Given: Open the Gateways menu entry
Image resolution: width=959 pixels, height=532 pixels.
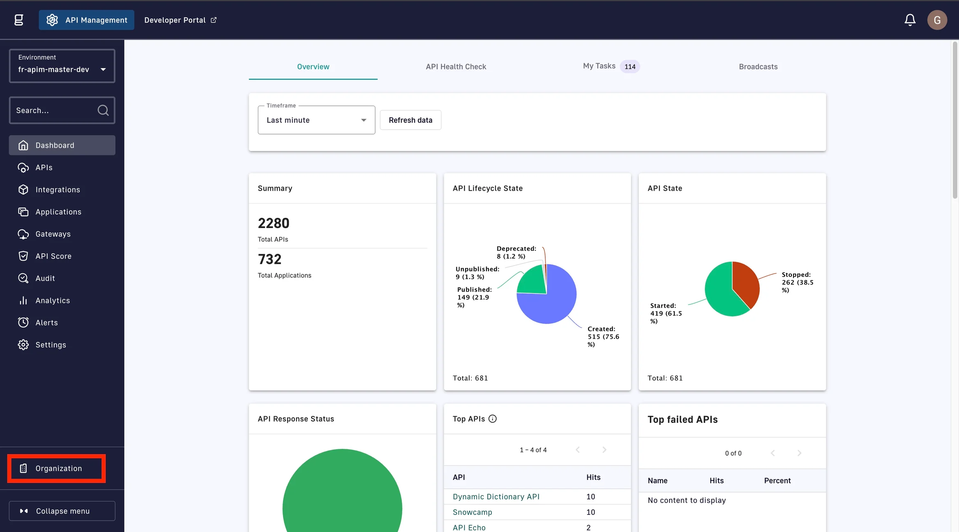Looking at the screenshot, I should [53, 234].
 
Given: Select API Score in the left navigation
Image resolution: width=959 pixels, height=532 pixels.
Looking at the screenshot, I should [53, 256].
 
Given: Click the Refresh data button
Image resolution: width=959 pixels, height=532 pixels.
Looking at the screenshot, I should [410, 120].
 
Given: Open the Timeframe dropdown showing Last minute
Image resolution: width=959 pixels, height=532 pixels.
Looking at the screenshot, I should [316, 120].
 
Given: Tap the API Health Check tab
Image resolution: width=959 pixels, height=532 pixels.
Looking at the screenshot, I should [456, 66].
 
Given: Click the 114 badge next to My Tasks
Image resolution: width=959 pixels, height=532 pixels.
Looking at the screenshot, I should [630, 66].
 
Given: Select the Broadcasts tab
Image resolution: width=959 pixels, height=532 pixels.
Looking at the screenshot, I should [758, 66].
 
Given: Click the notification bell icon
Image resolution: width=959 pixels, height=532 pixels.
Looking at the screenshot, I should [910, 20].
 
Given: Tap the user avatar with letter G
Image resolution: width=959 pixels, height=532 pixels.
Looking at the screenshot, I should [937, 20].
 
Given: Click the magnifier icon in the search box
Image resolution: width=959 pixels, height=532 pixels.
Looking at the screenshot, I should [103, 110].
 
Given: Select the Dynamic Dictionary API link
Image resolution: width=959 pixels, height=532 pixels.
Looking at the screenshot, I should [496, 497].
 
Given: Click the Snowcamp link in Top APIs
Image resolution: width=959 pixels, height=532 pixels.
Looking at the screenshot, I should [472, 512].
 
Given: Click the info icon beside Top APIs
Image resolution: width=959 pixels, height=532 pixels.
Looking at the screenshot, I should [493, 419].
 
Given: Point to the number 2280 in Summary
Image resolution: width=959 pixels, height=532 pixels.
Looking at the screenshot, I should [273, 223].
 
